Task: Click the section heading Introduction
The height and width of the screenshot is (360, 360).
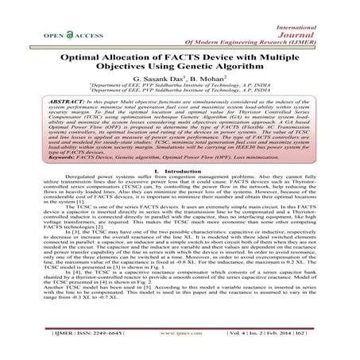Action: (x=187, y=192)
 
